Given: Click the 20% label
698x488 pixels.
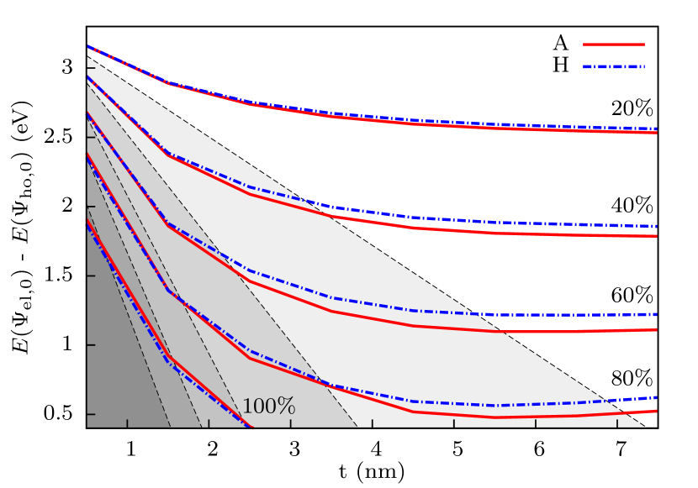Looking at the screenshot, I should pos(632,108).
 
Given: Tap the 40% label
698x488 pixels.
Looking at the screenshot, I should pos(632,206).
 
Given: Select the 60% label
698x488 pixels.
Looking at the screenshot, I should pos(632,295).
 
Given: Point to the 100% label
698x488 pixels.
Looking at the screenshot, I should pos(268,407).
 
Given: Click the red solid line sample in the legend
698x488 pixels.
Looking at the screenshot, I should pos(614,44).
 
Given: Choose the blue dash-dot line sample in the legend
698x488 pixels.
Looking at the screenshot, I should pos(614,66).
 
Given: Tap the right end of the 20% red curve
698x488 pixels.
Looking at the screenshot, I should pos(656,133).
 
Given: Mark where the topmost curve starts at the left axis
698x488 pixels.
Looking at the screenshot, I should pos(88,46).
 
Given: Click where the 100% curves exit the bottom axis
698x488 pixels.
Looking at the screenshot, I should pos(251,426).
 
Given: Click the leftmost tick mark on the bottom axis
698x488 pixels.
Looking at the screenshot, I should pos(128,423).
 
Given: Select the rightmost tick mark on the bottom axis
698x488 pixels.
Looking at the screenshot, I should pos(616,423).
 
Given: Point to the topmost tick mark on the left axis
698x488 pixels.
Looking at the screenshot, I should pos(91,67).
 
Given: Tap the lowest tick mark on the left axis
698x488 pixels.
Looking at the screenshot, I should pos(91,414).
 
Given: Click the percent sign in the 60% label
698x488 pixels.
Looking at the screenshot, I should pos(645,295).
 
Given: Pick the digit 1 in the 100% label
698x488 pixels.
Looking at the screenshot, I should pos(247,407).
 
